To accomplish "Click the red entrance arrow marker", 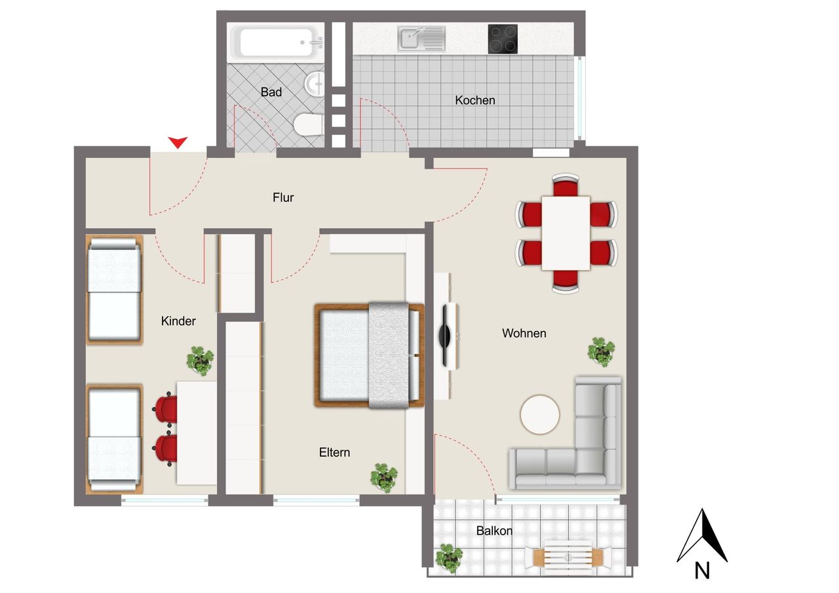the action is [178, 142].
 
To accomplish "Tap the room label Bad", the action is [271, 92].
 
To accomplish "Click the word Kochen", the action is [475, 100].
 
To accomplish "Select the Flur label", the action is [283, 197].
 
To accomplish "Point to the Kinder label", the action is [178, 321].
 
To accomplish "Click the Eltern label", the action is [334, 452].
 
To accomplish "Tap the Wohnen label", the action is [524, 333].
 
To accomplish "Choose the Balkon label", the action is [494, 531].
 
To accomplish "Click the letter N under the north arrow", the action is [702, 571].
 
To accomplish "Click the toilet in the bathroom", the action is [309, 124].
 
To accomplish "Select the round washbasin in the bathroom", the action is [315, 84].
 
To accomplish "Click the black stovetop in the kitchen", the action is [503, 39].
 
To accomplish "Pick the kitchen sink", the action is [421, 39].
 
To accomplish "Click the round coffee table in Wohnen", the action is [539, 414].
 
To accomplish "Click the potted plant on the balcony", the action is [449, 558].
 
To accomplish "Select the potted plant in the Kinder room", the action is [201, 361].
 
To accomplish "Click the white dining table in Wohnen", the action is [566, 233].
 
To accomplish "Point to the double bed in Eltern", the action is [369, 355].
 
